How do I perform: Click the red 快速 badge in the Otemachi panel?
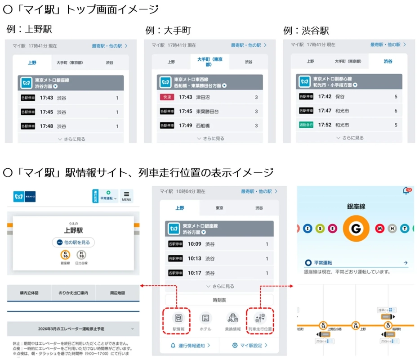167,97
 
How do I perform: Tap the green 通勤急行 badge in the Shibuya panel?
306,125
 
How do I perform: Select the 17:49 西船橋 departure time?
185,126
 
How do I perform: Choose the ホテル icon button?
205,318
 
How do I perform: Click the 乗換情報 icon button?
233,318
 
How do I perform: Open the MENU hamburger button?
126,196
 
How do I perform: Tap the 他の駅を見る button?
73,242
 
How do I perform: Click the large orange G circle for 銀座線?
356,229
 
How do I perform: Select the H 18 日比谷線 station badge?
81,255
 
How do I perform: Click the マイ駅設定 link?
250,346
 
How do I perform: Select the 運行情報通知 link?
190,346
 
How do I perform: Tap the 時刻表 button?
219,300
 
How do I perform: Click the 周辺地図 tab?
117,293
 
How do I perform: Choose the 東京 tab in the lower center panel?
219,208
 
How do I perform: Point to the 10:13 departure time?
195,259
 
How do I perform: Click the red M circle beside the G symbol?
380,229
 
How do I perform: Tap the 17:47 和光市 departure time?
325,111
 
